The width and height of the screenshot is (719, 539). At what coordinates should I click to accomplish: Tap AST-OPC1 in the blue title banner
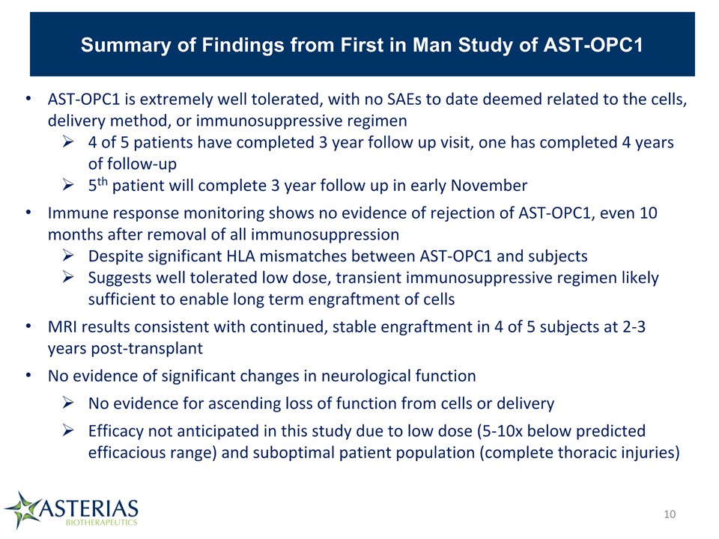click(593, 45)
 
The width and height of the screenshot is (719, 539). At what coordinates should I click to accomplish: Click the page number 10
click(670, 514)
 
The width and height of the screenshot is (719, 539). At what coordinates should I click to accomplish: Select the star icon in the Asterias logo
click(22, 509)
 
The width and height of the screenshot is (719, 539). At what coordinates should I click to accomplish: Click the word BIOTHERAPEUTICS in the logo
click(101, 522)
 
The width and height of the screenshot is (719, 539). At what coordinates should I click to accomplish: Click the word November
click(489, 185)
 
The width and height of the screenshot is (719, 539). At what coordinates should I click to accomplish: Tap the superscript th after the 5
click(103, 181)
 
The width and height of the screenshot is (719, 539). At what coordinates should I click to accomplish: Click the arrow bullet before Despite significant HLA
click(68, 255)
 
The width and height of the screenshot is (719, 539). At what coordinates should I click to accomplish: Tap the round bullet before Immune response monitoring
click(28, 212)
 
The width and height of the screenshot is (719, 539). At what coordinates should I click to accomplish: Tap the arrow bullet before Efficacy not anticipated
click(68, 430)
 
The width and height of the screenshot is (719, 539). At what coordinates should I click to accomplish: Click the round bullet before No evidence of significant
click(28, 375)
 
